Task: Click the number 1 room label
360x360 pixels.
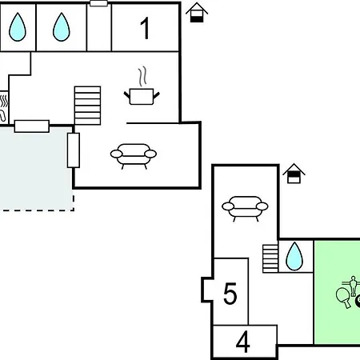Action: [x=145, y=28]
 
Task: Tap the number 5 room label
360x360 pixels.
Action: [x=230, y=294]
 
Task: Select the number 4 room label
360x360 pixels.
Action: [x=243, y=342]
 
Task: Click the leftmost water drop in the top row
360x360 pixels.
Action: [x=18, y=27]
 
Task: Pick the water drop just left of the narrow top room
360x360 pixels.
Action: [x=62, y=27]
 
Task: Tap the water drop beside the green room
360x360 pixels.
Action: [x=294, y=256]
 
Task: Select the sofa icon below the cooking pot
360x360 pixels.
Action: [x=134, y=156]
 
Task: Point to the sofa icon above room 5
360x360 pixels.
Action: [x=245, y=209]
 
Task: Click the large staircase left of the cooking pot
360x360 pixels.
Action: [x=88, y=106]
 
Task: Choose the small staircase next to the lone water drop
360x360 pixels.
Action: [x=270, y=258]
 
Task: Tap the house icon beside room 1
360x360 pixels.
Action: [x=197, y=13]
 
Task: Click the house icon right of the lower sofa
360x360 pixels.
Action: [x=294, y=174]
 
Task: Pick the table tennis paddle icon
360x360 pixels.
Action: [x=343, y=298]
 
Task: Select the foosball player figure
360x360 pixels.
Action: [x=353, y=286]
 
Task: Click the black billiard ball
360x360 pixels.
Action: [x=358, y=302]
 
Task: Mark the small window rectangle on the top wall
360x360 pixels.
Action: [x=98, y=3]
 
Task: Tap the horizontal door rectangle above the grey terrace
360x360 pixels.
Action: [x=32, y=126]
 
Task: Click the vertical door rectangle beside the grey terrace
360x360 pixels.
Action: [x=74, y=150]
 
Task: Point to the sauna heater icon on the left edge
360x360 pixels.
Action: [x=4, y=107]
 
